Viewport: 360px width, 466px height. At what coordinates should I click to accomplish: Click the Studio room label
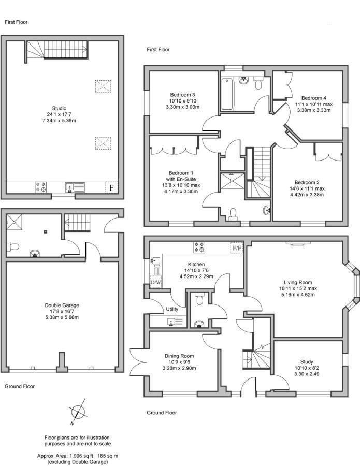click(59, 109)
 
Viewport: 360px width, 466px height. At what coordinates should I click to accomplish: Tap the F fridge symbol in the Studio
click(111, 187)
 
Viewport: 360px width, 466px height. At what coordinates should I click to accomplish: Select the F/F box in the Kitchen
click(237, 248)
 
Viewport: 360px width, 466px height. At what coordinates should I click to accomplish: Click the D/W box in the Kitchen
click(156, 282)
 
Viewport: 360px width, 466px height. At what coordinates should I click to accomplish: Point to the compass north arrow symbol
click(78, 412)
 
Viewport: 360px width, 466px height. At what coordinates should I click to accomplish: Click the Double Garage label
click(62, 305)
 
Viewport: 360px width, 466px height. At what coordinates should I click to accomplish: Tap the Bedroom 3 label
click(182, 95)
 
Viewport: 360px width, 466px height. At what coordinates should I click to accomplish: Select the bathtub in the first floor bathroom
click(227, 94)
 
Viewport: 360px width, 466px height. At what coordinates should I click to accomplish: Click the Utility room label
click(172, 309)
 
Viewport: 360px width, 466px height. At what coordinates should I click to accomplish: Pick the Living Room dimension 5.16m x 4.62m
click(297, 295)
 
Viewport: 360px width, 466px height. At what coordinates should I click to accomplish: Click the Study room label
click(307, 362)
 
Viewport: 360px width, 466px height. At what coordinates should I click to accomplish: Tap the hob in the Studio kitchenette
click(41, 187)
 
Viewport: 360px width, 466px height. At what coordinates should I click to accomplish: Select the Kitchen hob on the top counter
click(199, 247)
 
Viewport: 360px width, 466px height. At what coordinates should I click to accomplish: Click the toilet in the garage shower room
click(13, 246)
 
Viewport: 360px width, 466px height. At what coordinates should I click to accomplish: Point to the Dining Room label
click(179, 356)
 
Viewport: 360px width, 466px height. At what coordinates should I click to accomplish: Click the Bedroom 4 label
click(313, 98)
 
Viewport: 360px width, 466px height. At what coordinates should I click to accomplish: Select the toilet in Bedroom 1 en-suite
click(233, 214)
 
